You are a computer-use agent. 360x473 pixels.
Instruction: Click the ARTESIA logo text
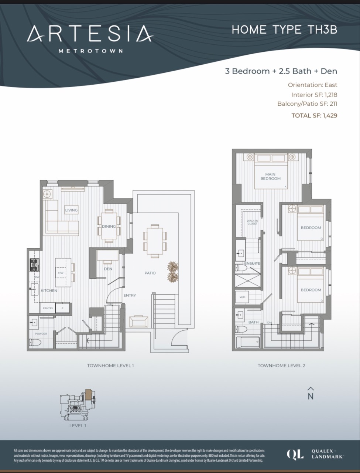pyautogui.click(x=90, y=34)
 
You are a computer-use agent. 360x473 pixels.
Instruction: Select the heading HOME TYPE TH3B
pyautogui.click(x=284, y=30)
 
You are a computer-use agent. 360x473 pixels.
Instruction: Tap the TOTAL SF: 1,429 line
pyautogui.click(x=314, y=115)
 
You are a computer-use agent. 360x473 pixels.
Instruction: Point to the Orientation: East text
pyautogui.click(x=312, y=85)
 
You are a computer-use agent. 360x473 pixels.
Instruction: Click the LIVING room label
pyautogui.click(x=72, y=210)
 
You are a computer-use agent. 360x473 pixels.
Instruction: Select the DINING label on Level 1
pyautogui.click(x=109, y=226)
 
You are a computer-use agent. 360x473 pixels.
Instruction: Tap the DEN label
pyautogui.click(x=108, y=269)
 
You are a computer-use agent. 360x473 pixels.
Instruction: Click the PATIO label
pyautogui.click(x=150, y=273)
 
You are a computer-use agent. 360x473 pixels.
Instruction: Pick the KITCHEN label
pyautogui.click(x=49, y=290)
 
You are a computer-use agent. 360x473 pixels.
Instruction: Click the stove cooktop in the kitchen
pyautogui.click(x=34, y=265)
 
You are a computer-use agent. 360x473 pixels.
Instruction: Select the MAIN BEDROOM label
pyautogui.click(x=270, y=176)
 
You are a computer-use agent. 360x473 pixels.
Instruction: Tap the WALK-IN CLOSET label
pyautogui.click(x=252, y=222)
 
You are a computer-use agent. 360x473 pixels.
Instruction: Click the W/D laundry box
pyautogui.click(x=243, y=297)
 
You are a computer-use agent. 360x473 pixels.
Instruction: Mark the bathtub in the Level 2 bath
pyautogui.click(x=247, y=343)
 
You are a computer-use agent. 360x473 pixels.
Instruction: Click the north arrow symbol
pyautogui.click(x=311, y=394)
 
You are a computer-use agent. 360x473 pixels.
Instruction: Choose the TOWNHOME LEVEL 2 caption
pyautogui.click(x=281, y=365)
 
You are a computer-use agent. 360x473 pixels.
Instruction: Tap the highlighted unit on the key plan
pyautogui.click(x=89, y=394)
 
